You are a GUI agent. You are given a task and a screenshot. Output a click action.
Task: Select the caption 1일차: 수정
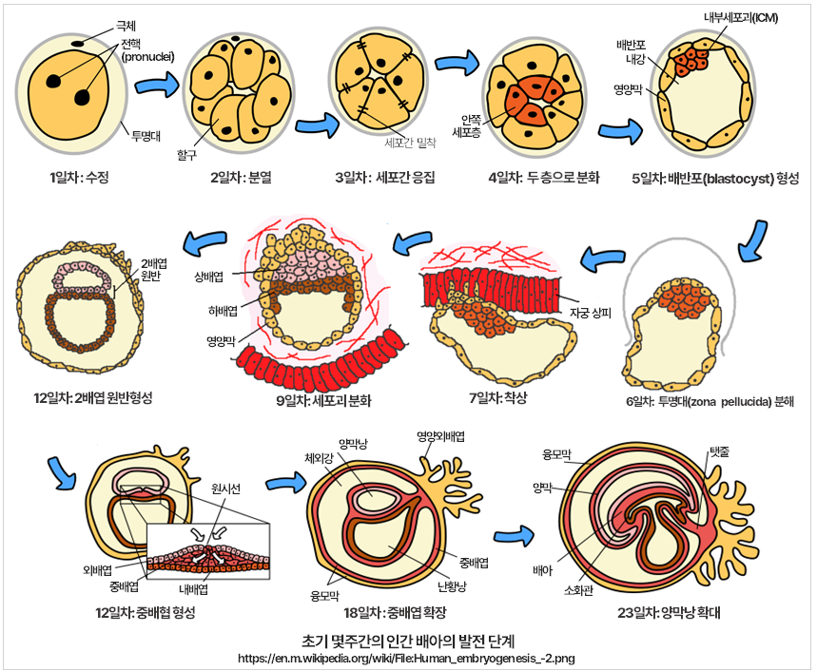coord(81,177)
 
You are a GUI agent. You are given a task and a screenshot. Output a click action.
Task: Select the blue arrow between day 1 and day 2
coord(157,86)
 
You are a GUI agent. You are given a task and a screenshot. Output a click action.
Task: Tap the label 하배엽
coord(213,308)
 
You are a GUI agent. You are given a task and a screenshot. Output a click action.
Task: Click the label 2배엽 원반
coord(155,269)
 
